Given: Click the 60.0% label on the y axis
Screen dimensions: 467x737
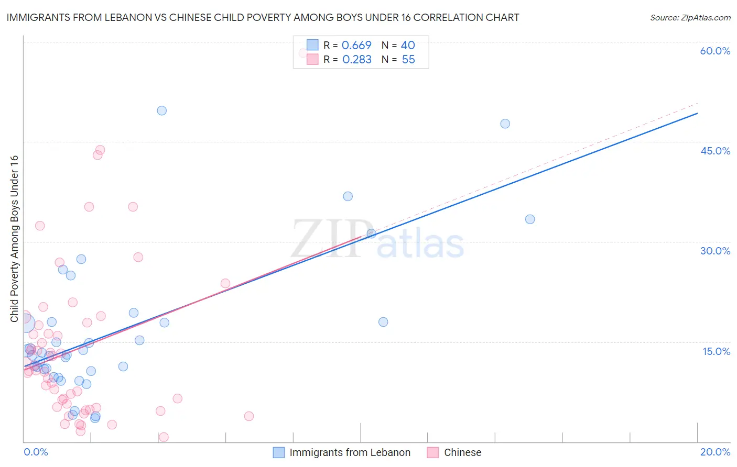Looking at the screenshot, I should tap(715, 51).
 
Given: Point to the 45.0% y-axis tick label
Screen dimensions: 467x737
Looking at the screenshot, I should tap(715, 151).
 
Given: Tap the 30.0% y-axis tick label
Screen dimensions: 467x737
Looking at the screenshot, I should tap(715, 251).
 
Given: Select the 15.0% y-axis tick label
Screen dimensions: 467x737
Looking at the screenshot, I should tap(716, 351).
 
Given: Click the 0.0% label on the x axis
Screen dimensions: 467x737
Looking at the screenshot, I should tap(36, 452).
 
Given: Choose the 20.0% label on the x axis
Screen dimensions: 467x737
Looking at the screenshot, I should tap(715, 452).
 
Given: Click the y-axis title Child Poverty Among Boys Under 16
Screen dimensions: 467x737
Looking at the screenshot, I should tap(14, 239).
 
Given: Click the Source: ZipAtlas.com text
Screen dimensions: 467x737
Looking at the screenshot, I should tap(690, 18).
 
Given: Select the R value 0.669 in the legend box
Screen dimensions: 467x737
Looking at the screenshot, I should tap(356, 46).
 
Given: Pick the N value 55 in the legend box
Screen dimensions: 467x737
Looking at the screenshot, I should tap(408, 60).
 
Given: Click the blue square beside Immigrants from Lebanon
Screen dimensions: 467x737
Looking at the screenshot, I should tap(279, 452).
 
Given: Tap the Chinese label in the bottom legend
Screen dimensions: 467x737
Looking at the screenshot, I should tap(462, 452).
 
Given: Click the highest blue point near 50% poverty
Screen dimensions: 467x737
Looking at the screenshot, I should tap(162, 110).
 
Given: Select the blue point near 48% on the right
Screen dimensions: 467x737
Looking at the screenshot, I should tap(505, 124).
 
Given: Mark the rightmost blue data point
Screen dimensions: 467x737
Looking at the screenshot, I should tap(530, 219).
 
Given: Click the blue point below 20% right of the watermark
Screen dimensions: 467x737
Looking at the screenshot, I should tap(383, 322).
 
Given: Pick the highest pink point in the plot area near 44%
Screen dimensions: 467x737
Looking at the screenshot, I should tap(100, 150).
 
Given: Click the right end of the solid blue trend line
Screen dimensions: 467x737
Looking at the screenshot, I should tap(697, 113).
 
